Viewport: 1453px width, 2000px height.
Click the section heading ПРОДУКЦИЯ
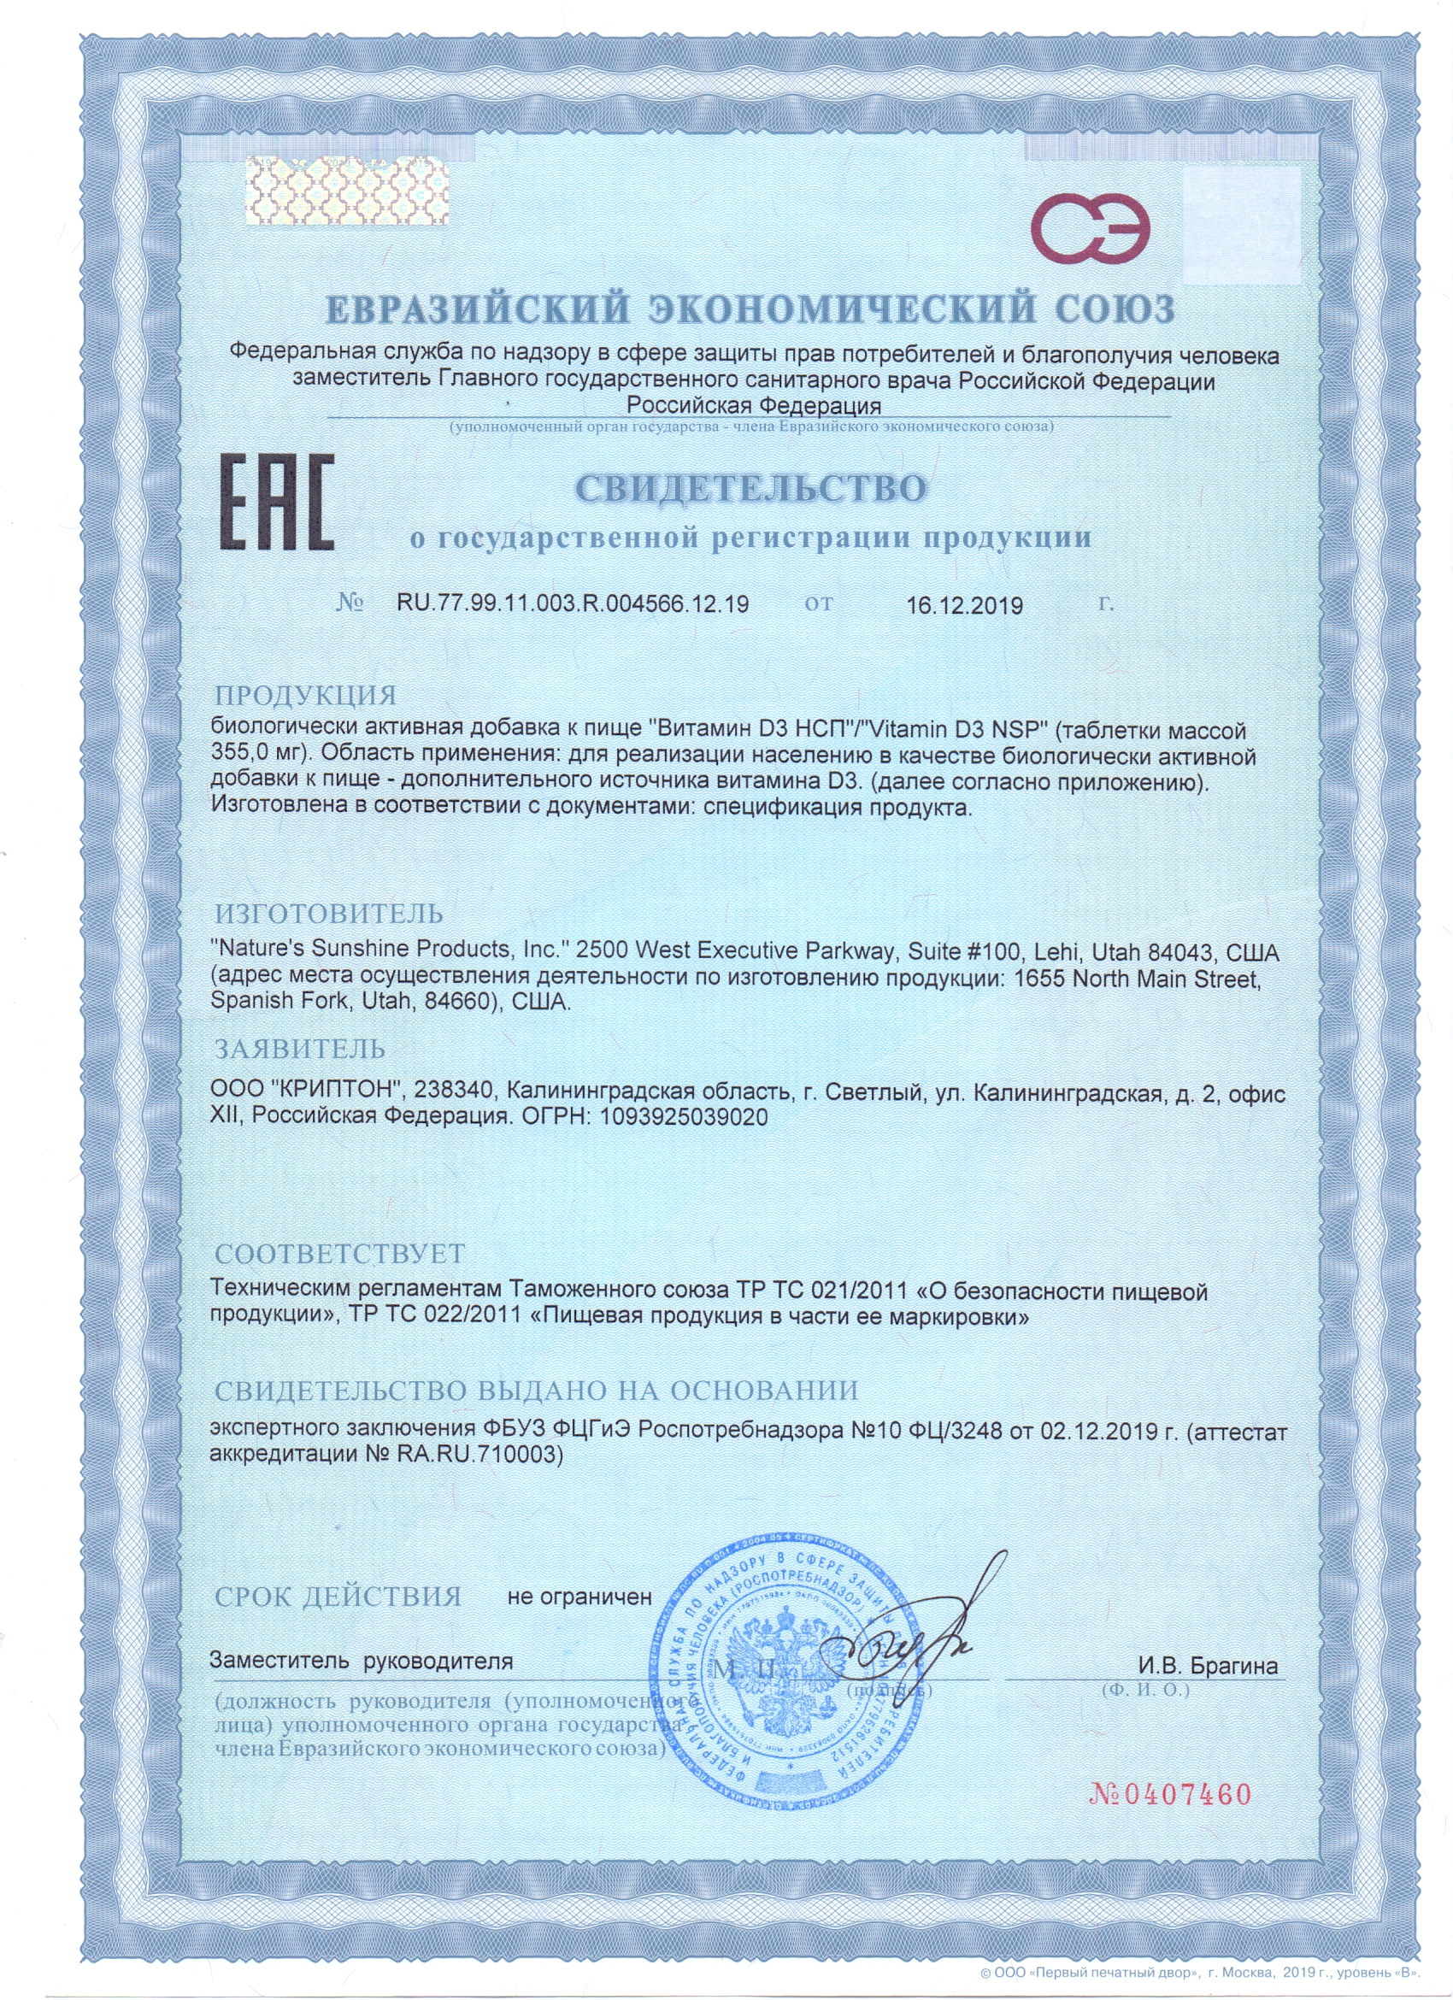(x=306, y=696)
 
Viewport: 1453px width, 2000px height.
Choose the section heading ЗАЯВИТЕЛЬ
(x=301, y=1049)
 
